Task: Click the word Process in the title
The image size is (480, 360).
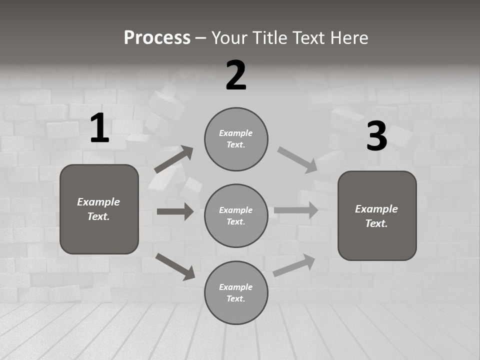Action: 157,38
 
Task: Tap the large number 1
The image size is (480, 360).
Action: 99,128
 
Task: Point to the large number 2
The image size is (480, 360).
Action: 236,75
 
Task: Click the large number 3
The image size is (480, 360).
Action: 376,136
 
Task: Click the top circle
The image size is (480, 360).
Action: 236,139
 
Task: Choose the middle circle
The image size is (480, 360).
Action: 236,215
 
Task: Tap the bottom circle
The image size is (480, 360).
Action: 236,292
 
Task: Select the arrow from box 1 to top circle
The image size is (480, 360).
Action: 173,159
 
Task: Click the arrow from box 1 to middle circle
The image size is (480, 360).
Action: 175,211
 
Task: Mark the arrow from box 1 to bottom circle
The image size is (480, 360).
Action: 175,266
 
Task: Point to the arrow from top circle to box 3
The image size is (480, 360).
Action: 297,160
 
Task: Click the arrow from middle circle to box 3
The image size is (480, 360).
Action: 296,210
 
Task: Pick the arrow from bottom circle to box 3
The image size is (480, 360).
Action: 294,265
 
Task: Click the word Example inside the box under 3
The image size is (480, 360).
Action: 376,209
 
